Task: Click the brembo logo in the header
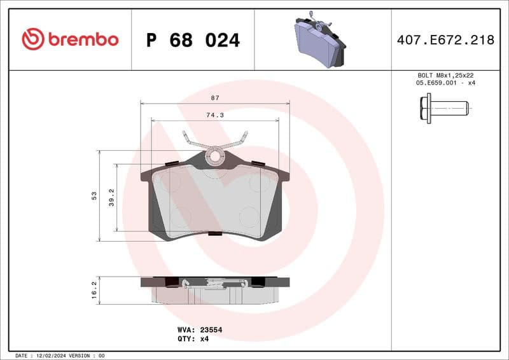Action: click(70, 39)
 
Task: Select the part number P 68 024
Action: click(193, 40)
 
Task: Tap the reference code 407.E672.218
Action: click(445, 40)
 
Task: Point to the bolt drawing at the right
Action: click(444, 107)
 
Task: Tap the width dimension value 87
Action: click(214, 98)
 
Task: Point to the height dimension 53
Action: click(94, 195)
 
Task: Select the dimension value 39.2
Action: click(111, 197)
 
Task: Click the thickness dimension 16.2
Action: click(94, 290)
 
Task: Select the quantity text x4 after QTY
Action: click(204, 339)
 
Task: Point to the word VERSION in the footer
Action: click(81, 355)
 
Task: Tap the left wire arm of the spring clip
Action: click(193, 141)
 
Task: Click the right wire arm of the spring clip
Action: click(237, 141)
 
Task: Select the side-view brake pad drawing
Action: click(215, 289)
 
